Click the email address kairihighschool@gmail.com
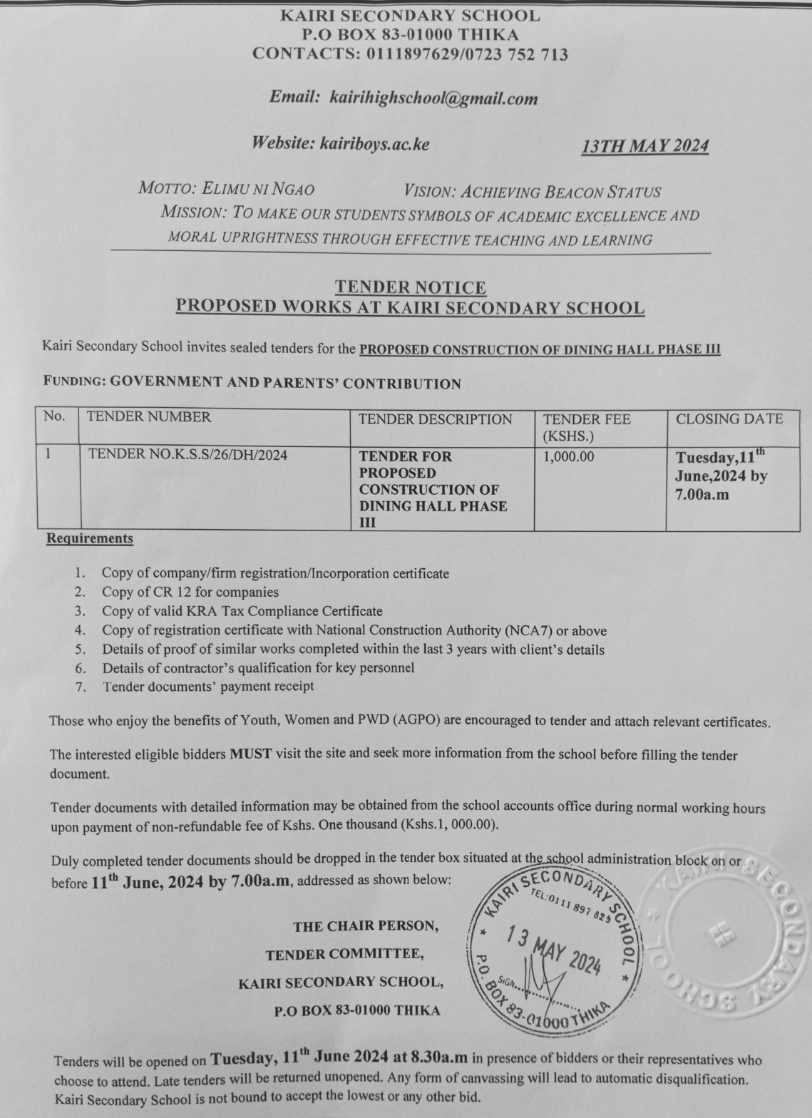[x=433, y=98]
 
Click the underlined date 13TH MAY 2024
[x=644, y=147]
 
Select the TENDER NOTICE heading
[x=411, y=287]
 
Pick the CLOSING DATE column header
[x=729, y=419]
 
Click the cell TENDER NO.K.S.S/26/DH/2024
[x=187, y=455]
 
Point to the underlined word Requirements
[x=90, y=538]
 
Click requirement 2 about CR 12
[x=190, y=592]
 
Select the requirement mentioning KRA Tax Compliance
[x=242, y=611]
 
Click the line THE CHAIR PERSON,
[x=366, y=927]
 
